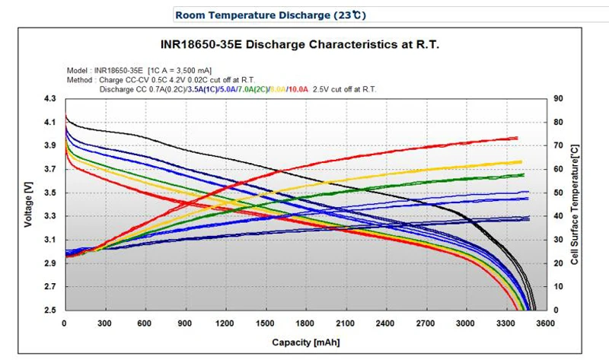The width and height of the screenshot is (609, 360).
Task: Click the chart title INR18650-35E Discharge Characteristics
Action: coord(304,45)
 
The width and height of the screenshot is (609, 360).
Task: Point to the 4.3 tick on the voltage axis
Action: coord(49,99)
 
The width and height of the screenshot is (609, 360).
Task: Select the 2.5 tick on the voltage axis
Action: coord(49,311)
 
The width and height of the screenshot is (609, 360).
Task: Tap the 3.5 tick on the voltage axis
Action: coord(49,193)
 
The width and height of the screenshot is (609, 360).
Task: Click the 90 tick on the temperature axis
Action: coord(558,99)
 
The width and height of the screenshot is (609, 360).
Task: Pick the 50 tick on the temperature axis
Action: coord(558,193)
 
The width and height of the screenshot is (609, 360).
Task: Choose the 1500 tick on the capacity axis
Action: coord(266,322)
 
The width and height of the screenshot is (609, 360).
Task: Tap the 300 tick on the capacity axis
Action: coord(105,322)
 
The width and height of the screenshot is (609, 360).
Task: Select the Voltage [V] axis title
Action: coord(28,205)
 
